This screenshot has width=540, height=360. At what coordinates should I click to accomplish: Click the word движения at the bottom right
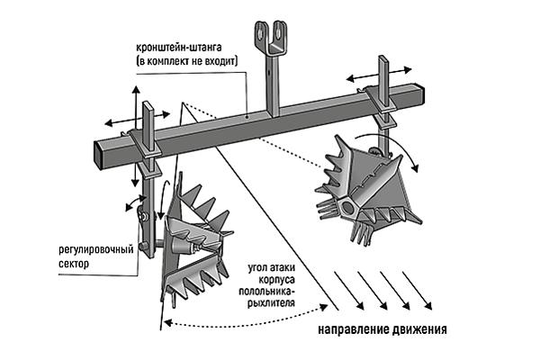click(418, 329)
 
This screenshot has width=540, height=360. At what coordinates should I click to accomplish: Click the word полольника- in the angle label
click(267, 293)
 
